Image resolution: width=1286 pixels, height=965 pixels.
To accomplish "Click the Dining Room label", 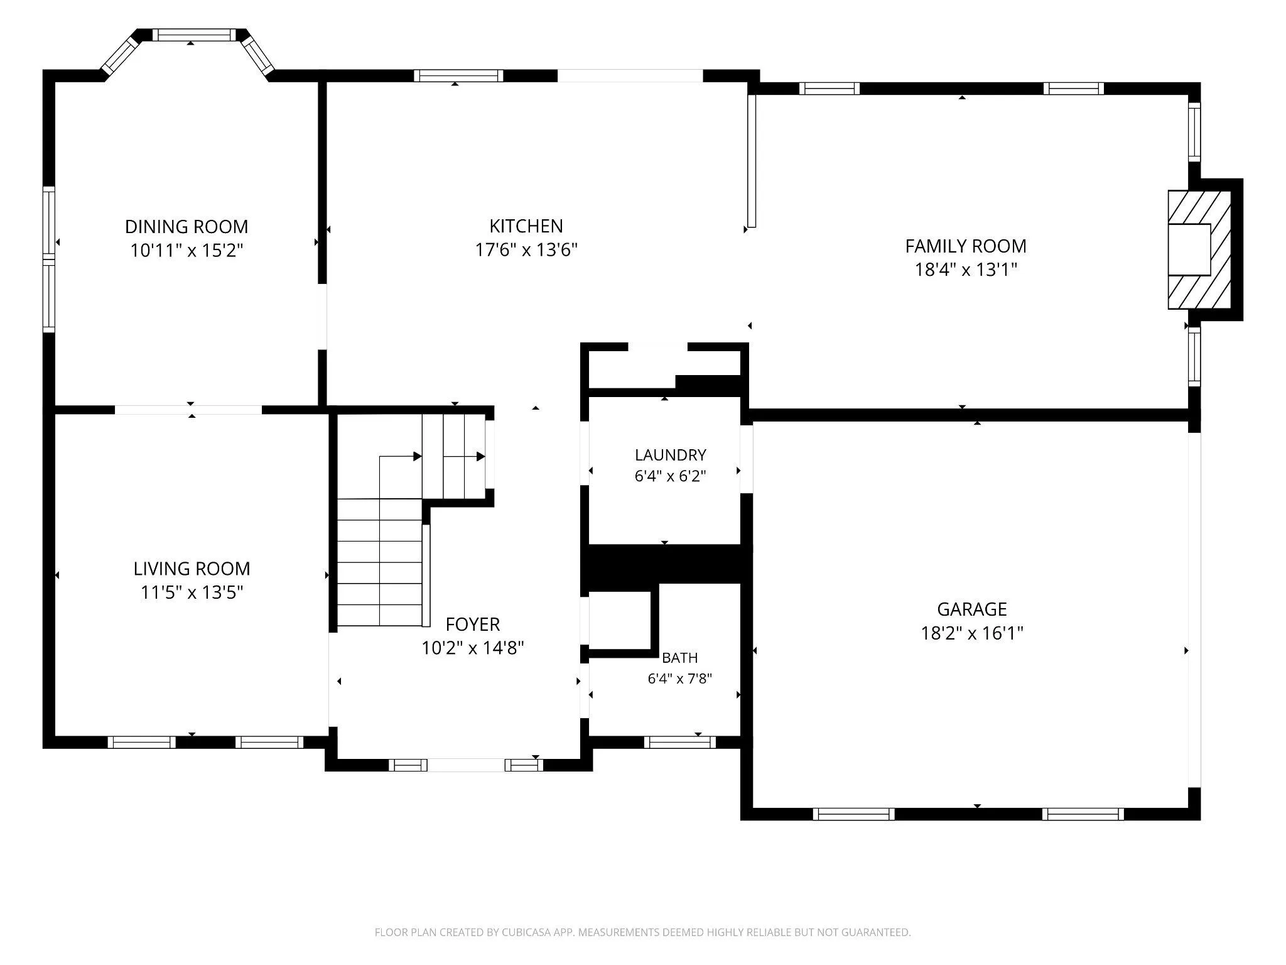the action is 186,226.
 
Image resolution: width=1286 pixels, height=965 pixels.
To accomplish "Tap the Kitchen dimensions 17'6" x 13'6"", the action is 526,250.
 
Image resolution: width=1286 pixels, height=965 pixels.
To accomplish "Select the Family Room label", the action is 966,246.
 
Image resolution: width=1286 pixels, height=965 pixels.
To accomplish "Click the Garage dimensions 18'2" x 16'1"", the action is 972,633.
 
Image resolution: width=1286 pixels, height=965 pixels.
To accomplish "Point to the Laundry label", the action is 671,455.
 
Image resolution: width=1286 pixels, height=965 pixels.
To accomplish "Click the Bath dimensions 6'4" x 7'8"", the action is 680,679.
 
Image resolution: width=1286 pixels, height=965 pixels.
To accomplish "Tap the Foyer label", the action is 473,624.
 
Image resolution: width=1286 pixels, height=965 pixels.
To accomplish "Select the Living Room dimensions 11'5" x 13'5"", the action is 192,592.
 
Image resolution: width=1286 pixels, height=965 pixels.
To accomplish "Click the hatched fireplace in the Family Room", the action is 1199,249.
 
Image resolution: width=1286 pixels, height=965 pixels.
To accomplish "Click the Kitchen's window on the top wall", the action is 459,75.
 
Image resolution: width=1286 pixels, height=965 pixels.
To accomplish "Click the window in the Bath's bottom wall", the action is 680,742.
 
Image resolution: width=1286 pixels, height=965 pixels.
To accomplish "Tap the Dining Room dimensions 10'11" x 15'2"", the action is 186,251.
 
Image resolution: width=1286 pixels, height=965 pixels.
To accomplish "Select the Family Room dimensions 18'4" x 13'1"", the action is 966,270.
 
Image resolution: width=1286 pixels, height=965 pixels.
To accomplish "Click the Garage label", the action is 972,609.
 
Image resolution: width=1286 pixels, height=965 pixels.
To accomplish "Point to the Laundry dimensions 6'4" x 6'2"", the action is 671,476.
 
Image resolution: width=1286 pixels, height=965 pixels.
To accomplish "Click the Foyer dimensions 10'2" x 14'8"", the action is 473,648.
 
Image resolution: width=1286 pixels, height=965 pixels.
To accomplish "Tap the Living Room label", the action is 192,569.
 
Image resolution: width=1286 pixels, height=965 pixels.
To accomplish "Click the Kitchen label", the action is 526,226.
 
